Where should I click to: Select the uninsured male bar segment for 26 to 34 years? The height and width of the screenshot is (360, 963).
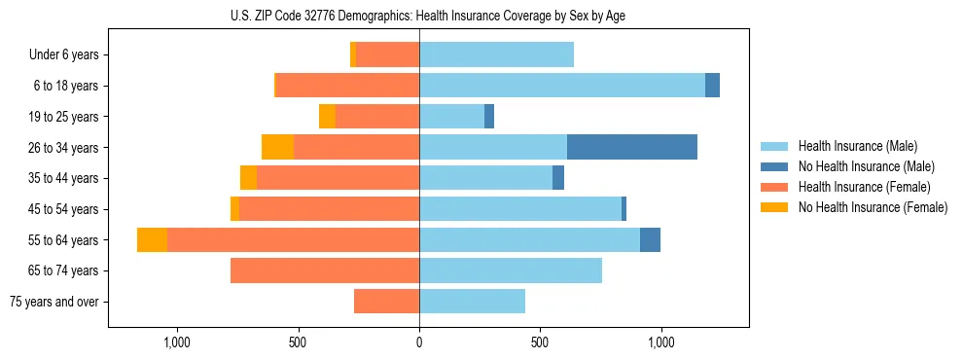(631, 147)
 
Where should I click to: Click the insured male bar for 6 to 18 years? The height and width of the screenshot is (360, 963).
(562, 86)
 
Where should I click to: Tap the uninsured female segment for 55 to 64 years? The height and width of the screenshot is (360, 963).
(152, 239)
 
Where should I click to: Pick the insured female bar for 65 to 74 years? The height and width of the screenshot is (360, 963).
(325, 270)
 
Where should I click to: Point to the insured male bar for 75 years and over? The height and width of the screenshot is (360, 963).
(472, 302)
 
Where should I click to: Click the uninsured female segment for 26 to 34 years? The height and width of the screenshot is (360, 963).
(277, 147)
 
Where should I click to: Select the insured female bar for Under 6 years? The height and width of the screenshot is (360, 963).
(387, 54)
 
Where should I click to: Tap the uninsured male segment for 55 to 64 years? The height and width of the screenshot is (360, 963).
(650, 239)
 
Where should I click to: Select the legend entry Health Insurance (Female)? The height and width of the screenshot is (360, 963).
(864, 187)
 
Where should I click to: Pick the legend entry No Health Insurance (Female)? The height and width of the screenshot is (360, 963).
(873, 207)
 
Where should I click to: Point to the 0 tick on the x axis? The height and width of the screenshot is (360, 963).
(419, 342)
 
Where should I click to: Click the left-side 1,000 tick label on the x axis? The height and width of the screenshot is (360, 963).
(177, 342)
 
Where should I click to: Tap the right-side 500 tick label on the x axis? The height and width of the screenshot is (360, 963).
(541, 342)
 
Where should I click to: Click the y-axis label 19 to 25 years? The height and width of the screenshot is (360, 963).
(64, 117)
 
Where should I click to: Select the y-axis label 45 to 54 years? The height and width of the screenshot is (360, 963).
(64, 209)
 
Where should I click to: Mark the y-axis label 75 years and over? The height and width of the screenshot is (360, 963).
(54, 302)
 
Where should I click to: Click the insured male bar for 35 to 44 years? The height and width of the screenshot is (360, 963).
(485, 178)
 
